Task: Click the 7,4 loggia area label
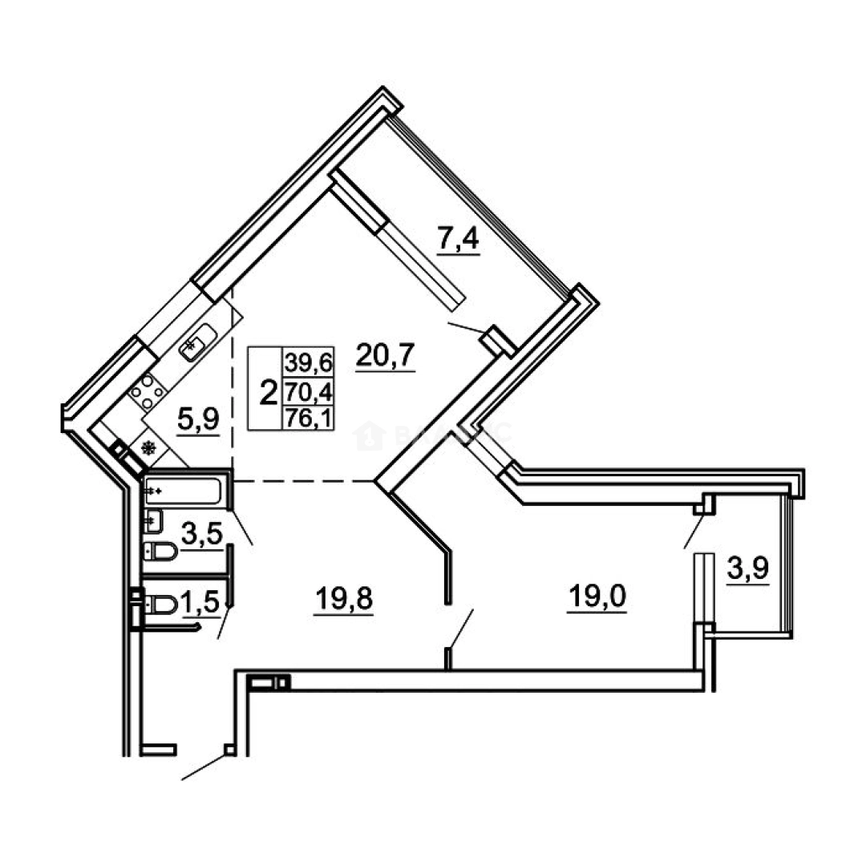[x=458, y=240]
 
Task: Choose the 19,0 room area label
[x=597, y=597]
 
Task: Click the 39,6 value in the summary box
[x=308, y=362]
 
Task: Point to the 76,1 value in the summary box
[x=308, y=417]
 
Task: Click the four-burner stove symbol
[x=148, y=392]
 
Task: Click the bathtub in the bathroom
[x=184, y=491]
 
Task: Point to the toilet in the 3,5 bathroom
[x=160, y=552]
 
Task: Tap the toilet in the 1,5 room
[x=162, y=603]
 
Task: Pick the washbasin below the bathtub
[x=152, y=521]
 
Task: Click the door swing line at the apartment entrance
[x=204, y=767]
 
